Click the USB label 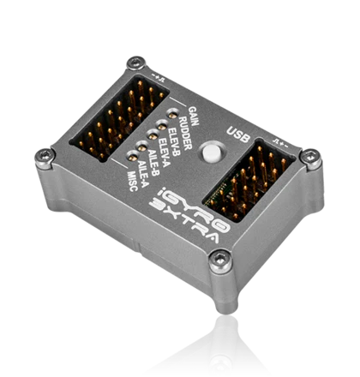pos(238,135)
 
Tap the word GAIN pos(194,116)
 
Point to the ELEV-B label pos(174,142)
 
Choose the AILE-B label pos(153,162)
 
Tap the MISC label pos(133,182)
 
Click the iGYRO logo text pos(195,209)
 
